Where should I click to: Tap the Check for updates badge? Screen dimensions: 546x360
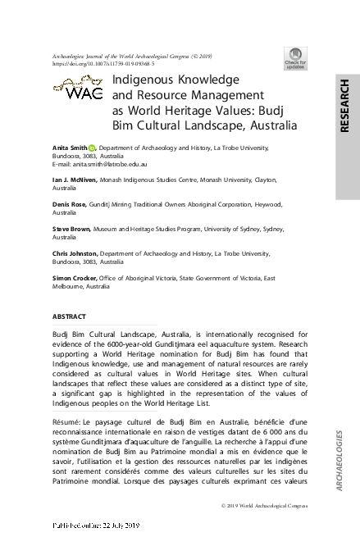(295, 57)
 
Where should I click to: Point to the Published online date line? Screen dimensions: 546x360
(97, 524)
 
